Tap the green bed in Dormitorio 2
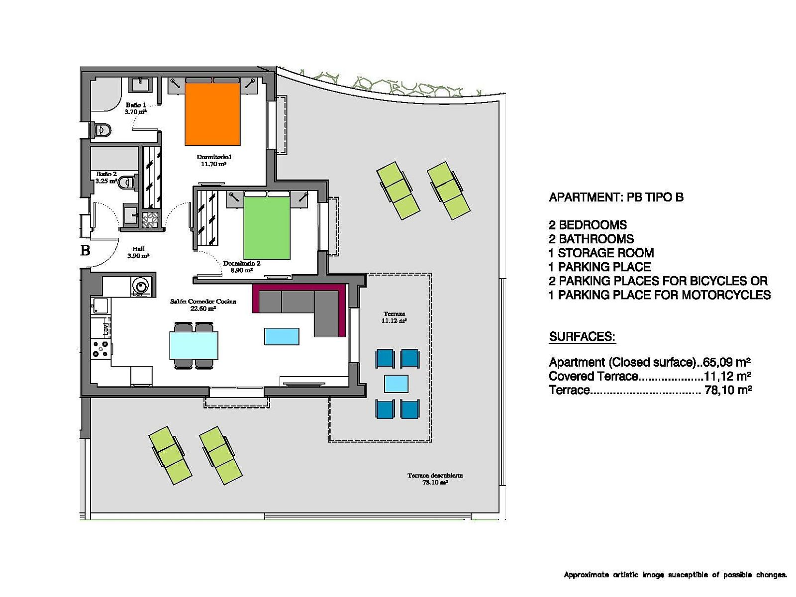pos(267,227)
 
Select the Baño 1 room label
pos(136,108)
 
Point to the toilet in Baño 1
pos(101,130)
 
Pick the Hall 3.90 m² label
pos(138,252)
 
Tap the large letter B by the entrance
pos(85,250)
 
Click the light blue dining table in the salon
pos(194,345)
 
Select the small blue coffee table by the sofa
pos(282,336)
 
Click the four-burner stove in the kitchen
pos(100,348)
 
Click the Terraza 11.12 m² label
pos(394,317)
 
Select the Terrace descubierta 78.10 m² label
pos(435,479)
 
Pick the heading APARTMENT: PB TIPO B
pos(616,197)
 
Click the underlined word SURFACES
pos(583,337)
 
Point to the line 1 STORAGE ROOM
pos(601,253)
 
